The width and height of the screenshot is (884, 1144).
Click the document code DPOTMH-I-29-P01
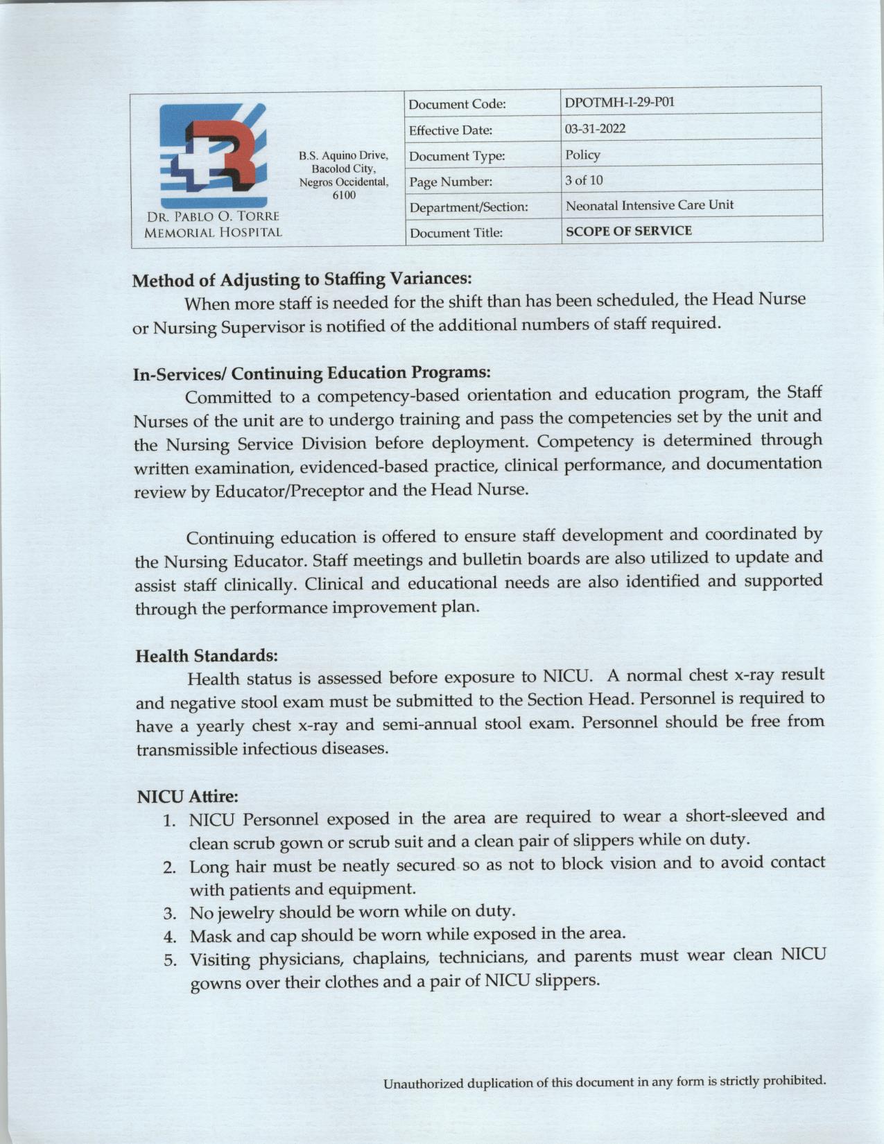click(619, 103)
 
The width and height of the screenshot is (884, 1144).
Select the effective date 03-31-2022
click(596, 129)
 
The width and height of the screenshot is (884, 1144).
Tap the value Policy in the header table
click(582, 155)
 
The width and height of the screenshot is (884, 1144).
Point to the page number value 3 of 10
click(584, 180)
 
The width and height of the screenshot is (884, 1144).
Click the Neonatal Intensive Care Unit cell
click(649, 205)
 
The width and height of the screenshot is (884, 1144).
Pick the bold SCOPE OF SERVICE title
click(628, 231)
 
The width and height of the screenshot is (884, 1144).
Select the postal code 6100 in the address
click(343, 195)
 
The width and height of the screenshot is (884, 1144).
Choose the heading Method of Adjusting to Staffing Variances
click(302, 280)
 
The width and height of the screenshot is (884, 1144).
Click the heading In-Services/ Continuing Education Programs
click(312, 374)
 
